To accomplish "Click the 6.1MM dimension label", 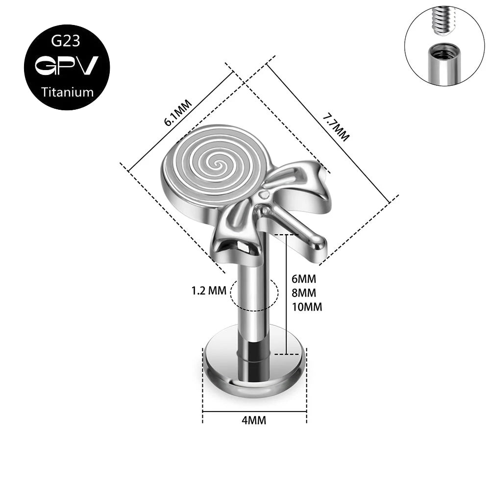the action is click(178, 113).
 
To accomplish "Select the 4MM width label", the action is click(254, 420).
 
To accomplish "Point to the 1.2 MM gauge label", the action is click(209, 291).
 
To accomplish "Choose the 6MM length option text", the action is click(304, 278).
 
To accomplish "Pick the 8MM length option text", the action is click(304, 293).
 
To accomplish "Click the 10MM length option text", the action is click(307, 307).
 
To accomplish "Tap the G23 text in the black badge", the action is click(66, 41).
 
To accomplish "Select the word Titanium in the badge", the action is click(67, 92).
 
